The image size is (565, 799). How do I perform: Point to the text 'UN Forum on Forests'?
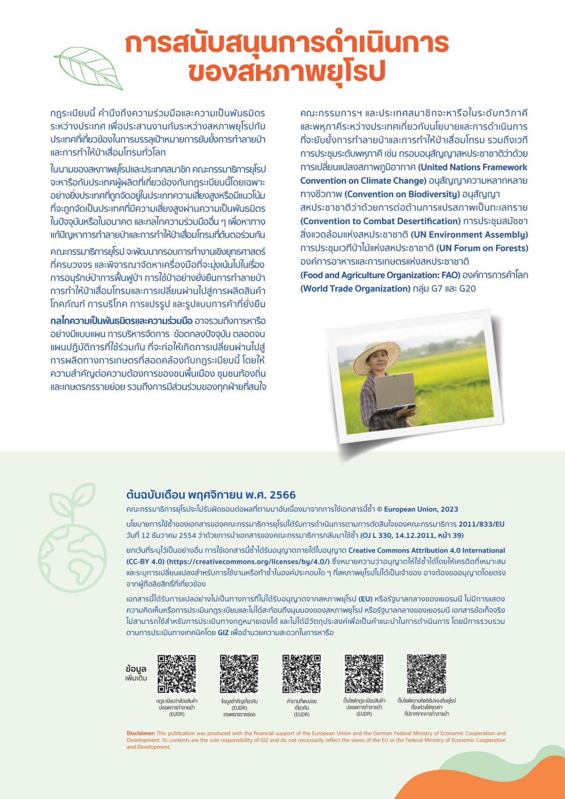click(482, 248)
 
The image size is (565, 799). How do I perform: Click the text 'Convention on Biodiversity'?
click(402, 194)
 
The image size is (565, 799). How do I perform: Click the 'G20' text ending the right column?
click(468, 288)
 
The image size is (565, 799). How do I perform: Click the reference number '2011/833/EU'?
click(481, 524)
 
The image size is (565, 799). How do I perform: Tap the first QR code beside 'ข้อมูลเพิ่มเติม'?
click(176, 674)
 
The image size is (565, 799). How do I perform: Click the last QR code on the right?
click(427, 674)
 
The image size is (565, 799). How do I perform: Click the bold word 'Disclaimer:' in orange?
click(141, 733)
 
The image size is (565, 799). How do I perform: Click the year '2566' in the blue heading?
click(282, 495)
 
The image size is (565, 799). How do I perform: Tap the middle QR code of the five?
click(302, 674)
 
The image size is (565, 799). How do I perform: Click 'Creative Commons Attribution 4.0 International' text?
click(427, 550)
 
